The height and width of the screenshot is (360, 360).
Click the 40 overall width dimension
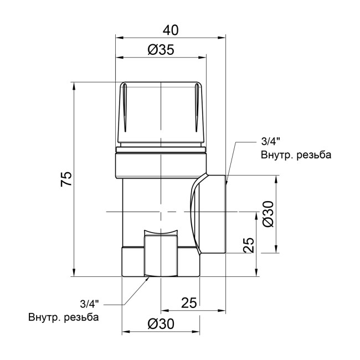pyautogui.click(x=171, y=28)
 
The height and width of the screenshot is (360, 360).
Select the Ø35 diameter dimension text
pyautogui.click(x=161, y=50)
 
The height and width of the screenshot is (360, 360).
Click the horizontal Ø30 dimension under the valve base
pyautogui.click(x=161, y=325)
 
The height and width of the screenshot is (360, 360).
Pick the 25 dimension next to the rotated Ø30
pyautogui.click(x=249, y=244)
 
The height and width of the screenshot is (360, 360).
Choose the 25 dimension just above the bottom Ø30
pyautogui.click(x=189, y=302)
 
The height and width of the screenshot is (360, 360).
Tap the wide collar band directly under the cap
pyautogui.click(x=161, y=164)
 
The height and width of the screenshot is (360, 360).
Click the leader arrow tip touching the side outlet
pyautogui.click(x=227, y=176)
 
